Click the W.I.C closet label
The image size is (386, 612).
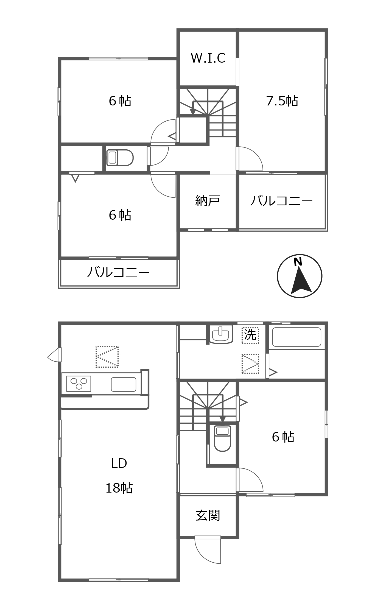(208, 58)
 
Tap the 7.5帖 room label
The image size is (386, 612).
(282, 101)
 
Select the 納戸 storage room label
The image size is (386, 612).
(208, 200)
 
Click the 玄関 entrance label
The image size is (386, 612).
(208, 515)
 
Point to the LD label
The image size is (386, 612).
(119, 463)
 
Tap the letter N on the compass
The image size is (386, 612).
(298, 262)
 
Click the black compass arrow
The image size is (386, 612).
(301, 280)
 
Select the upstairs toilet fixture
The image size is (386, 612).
(120, 158)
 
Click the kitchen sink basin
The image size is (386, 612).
(124, 384)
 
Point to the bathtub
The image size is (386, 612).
(297, 337)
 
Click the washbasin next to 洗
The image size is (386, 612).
(221, 334)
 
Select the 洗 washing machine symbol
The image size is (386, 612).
(250, 335)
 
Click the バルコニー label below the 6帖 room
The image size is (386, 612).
(118, 272)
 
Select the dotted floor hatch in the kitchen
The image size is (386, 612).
(107, 357)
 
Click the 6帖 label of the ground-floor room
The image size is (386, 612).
(283, 437)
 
